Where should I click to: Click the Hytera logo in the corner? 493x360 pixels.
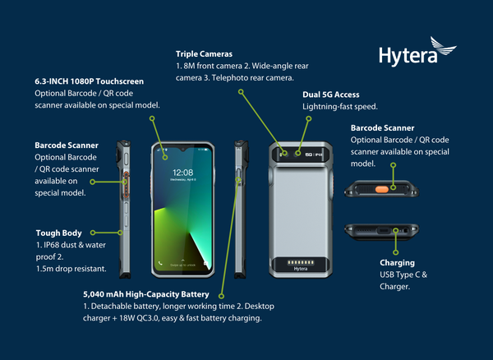[417, 52]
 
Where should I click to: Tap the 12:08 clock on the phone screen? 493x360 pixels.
[182, 173]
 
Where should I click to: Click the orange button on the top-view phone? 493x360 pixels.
[382, 189]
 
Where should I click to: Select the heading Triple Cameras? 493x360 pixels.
[204, 54]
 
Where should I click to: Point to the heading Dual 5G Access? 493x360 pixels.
[331, 95]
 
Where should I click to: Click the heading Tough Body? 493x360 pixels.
[59, 233]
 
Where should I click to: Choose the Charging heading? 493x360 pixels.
[397, 263]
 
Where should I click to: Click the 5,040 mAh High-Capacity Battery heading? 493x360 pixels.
[146, 294]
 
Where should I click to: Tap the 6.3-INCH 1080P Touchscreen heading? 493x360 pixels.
[90, 81]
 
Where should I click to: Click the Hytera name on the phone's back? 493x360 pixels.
[301, 269]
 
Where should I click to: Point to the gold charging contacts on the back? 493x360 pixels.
[301, 262]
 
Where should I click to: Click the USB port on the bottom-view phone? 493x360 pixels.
[384, 231]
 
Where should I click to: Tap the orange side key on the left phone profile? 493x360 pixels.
[126, 185]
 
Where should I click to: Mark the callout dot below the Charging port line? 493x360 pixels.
[396, 252]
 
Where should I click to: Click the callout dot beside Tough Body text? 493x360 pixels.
[93, 233]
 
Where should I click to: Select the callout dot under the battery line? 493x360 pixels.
[221, 296]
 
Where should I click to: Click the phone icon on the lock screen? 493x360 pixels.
[160, 263]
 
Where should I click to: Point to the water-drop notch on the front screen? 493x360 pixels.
[182, 148]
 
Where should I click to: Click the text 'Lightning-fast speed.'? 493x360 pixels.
[340, 107]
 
